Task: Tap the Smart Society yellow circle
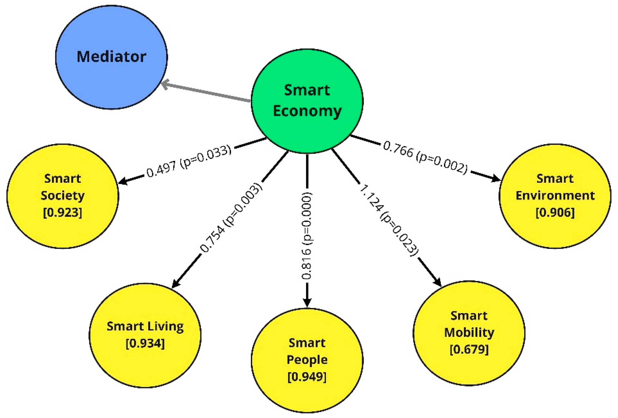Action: [x=63, y=196]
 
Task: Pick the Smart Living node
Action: [x=145, y=335]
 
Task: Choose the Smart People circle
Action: [x=307, y=360]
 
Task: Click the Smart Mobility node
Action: [x=469, y=333]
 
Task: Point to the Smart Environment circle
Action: [x=555, y=196]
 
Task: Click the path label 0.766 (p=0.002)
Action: [x=425, y=158]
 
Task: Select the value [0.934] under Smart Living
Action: [x=145, y=343]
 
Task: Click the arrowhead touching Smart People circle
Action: [x=307, y=303]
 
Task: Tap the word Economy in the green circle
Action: [x=307, y=111]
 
